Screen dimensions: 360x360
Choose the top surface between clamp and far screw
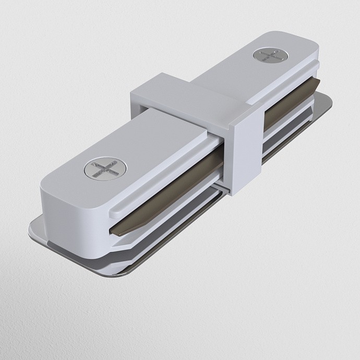230,78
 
